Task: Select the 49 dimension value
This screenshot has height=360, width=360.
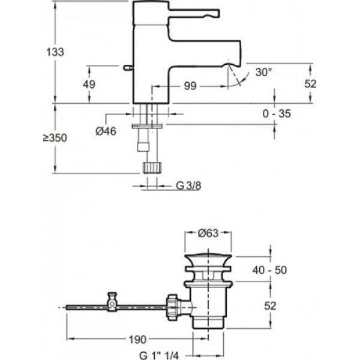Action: tap(89, 85)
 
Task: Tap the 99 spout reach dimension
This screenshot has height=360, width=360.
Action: tap(190, 86)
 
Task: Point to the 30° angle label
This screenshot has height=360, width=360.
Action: tap(263, 72)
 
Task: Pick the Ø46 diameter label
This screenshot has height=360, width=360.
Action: tap(106, 132)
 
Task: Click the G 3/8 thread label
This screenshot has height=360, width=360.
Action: tap(188, 186)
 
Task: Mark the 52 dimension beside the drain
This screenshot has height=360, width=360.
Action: tap(271, 305)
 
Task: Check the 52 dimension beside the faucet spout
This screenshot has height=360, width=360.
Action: tap(310, 85)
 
